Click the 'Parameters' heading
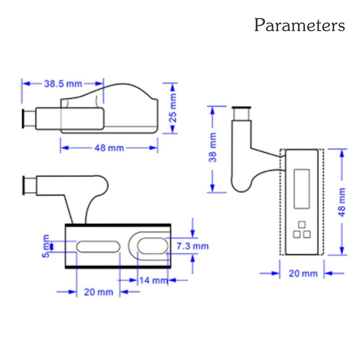click(x=300, y=25)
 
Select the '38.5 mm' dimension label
click(x=63, y=84)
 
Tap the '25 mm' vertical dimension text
click(x=173, y=108)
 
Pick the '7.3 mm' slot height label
click(x=192, y=246)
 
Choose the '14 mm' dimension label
click(x=154, y=280)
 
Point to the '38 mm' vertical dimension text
click(x=213, y=147)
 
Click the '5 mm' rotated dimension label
click(x=46, y=246)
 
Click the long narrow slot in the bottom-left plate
click(x=98, y=247)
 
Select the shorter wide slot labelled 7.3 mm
click(x=153, y=246)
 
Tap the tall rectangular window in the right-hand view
click(x=302, y=189)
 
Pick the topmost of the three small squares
click(x=302, y=224)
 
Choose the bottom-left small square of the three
click(x=297, y=234)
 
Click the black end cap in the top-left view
click(x=23, y=118)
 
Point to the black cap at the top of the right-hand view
click(x=241, y=108)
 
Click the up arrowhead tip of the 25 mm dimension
click(x=173, y=83)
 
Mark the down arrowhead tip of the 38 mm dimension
click(x=212, y=192)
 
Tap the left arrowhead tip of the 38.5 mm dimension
click(x=22, y=84)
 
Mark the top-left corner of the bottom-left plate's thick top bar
click(x=65, y=224)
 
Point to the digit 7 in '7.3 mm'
click(x=179, y=246)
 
